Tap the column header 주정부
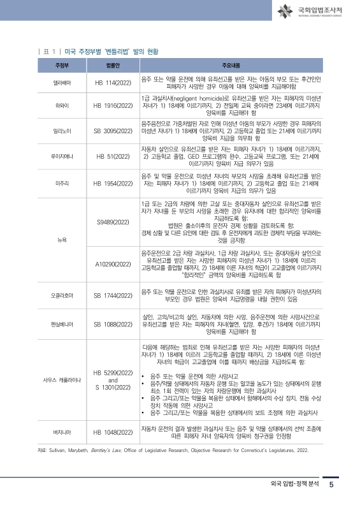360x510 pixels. click(62, 66)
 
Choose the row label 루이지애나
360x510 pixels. click(62, 156)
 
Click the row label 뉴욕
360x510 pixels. click(62, 240)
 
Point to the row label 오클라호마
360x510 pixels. click(62, 296)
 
